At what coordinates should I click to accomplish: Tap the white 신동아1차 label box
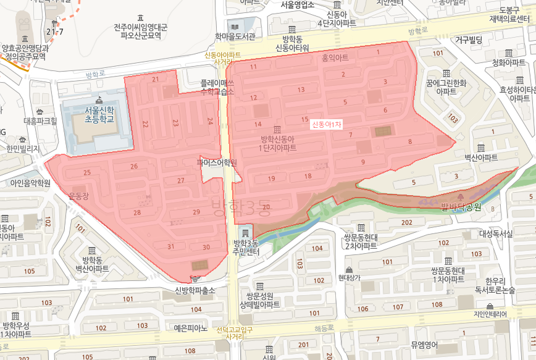[327, 125]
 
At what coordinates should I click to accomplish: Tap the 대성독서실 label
[496, 234]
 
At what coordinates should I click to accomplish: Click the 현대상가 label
[354, 278]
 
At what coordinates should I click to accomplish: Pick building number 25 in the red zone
[87, 172]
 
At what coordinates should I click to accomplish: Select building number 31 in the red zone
[171, 247]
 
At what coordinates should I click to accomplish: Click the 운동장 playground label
[80, 196]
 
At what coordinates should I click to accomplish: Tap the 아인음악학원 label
[30, 183]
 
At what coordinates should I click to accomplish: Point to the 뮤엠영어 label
[424, 345]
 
